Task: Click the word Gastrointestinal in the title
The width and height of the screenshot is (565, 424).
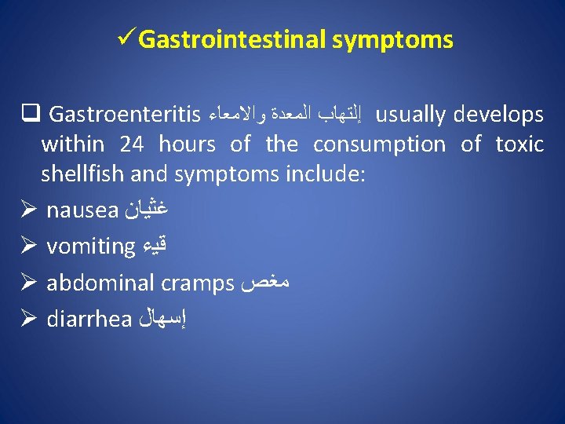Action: (231, 39)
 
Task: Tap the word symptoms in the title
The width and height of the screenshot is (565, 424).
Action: (392, 39)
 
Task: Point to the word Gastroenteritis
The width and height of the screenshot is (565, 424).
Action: (125, 115)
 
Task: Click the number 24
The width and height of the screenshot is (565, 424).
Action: (133, 144)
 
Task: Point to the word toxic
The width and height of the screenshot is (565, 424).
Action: (519, 144)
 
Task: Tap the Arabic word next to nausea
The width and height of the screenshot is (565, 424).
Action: (147, 210)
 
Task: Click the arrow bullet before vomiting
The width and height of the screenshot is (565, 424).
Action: (28, 247)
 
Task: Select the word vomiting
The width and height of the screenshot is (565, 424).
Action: (91, 247)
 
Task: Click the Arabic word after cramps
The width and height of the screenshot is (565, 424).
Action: (266, 283)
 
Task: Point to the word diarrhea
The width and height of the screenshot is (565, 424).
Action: (89, 320)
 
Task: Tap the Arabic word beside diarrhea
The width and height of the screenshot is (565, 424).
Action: (162, 320)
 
